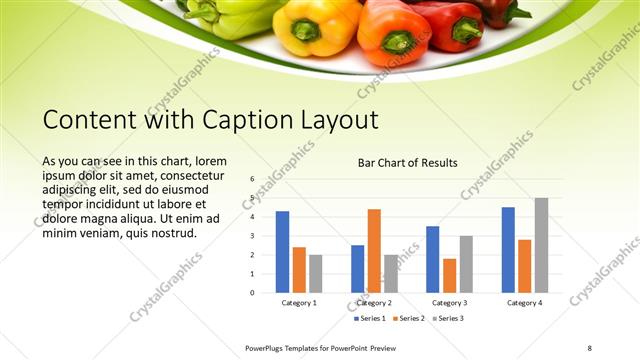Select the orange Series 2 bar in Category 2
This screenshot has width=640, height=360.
[x=374, y=250]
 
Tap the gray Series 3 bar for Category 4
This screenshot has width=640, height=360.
[x=541, y=245]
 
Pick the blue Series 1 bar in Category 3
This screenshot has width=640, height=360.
[x=432, y=259]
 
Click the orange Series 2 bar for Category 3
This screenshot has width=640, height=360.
[x=449, y=275]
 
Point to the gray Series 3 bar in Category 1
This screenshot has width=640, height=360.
[x=316, y=273]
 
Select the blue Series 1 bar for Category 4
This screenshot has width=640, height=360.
[x=508, y=250]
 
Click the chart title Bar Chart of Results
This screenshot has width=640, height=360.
[x=408, y=162]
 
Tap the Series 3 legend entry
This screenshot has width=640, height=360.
[x=446, y=319]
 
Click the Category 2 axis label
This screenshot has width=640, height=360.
[x=374, y=302]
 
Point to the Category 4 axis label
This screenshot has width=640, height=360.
[x=524, y=302]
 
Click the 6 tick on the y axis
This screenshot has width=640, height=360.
[x=253, y=179]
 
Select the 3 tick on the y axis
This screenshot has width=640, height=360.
[x=253, y=236]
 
